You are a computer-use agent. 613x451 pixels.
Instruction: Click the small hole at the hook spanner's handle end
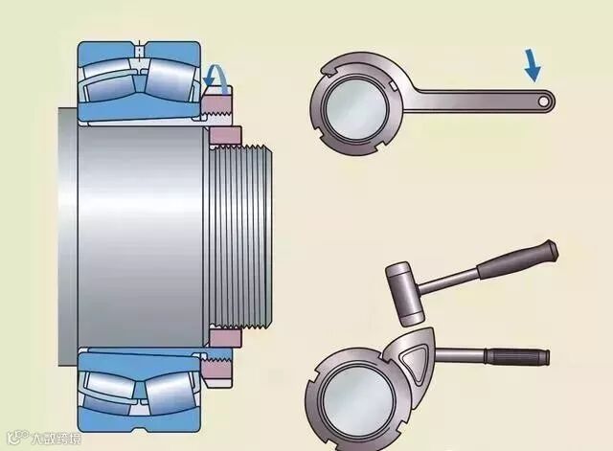coord(543,99)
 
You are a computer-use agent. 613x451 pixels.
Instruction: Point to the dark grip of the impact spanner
coord(517,356)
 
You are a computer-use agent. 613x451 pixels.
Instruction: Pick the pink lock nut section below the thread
coord(227,339)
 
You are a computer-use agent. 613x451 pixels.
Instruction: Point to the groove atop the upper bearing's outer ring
coord(140,49)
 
